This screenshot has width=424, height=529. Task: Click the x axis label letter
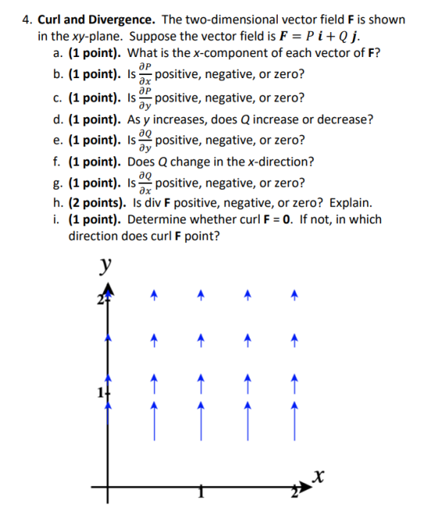point(318,477)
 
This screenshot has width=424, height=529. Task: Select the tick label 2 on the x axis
point(295,492)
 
